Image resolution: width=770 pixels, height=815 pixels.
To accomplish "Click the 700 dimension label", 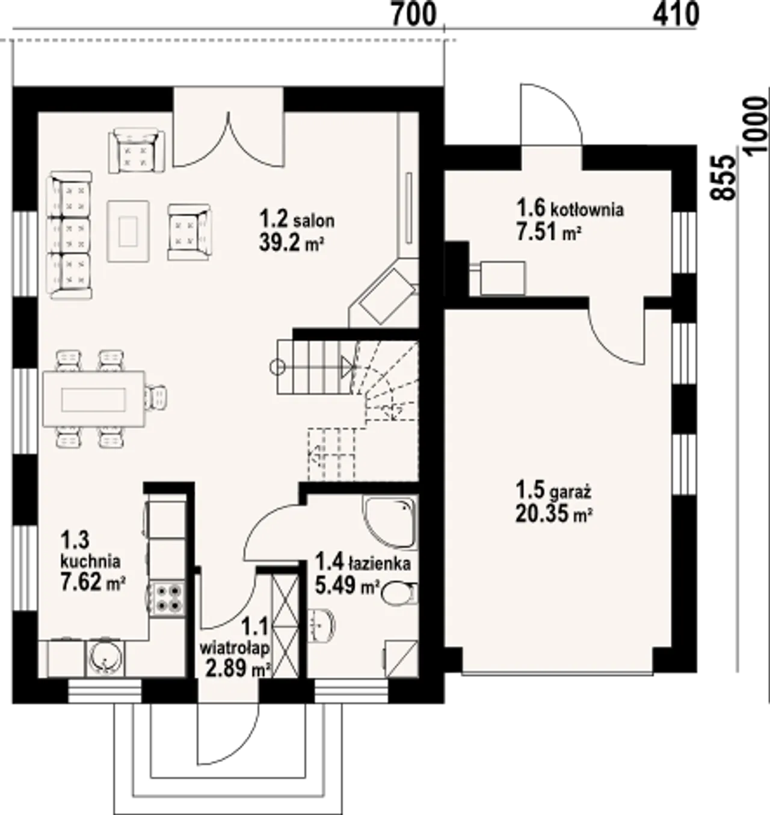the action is pos(413,16).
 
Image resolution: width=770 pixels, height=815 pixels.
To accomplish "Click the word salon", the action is pos(313,221).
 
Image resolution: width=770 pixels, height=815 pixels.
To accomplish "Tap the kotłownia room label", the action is pos(587,210).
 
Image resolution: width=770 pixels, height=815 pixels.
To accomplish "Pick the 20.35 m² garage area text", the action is pos(554,515).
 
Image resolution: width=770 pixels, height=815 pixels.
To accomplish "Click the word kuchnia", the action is pos(91,561).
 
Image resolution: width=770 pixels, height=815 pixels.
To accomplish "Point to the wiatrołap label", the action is pos(235,648).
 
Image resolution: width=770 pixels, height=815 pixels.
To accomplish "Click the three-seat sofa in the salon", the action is pos(70,235).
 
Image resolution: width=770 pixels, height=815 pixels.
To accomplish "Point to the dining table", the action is pos(94,399).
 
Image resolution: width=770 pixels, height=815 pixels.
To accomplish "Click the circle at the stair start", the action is pos(279,367).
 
